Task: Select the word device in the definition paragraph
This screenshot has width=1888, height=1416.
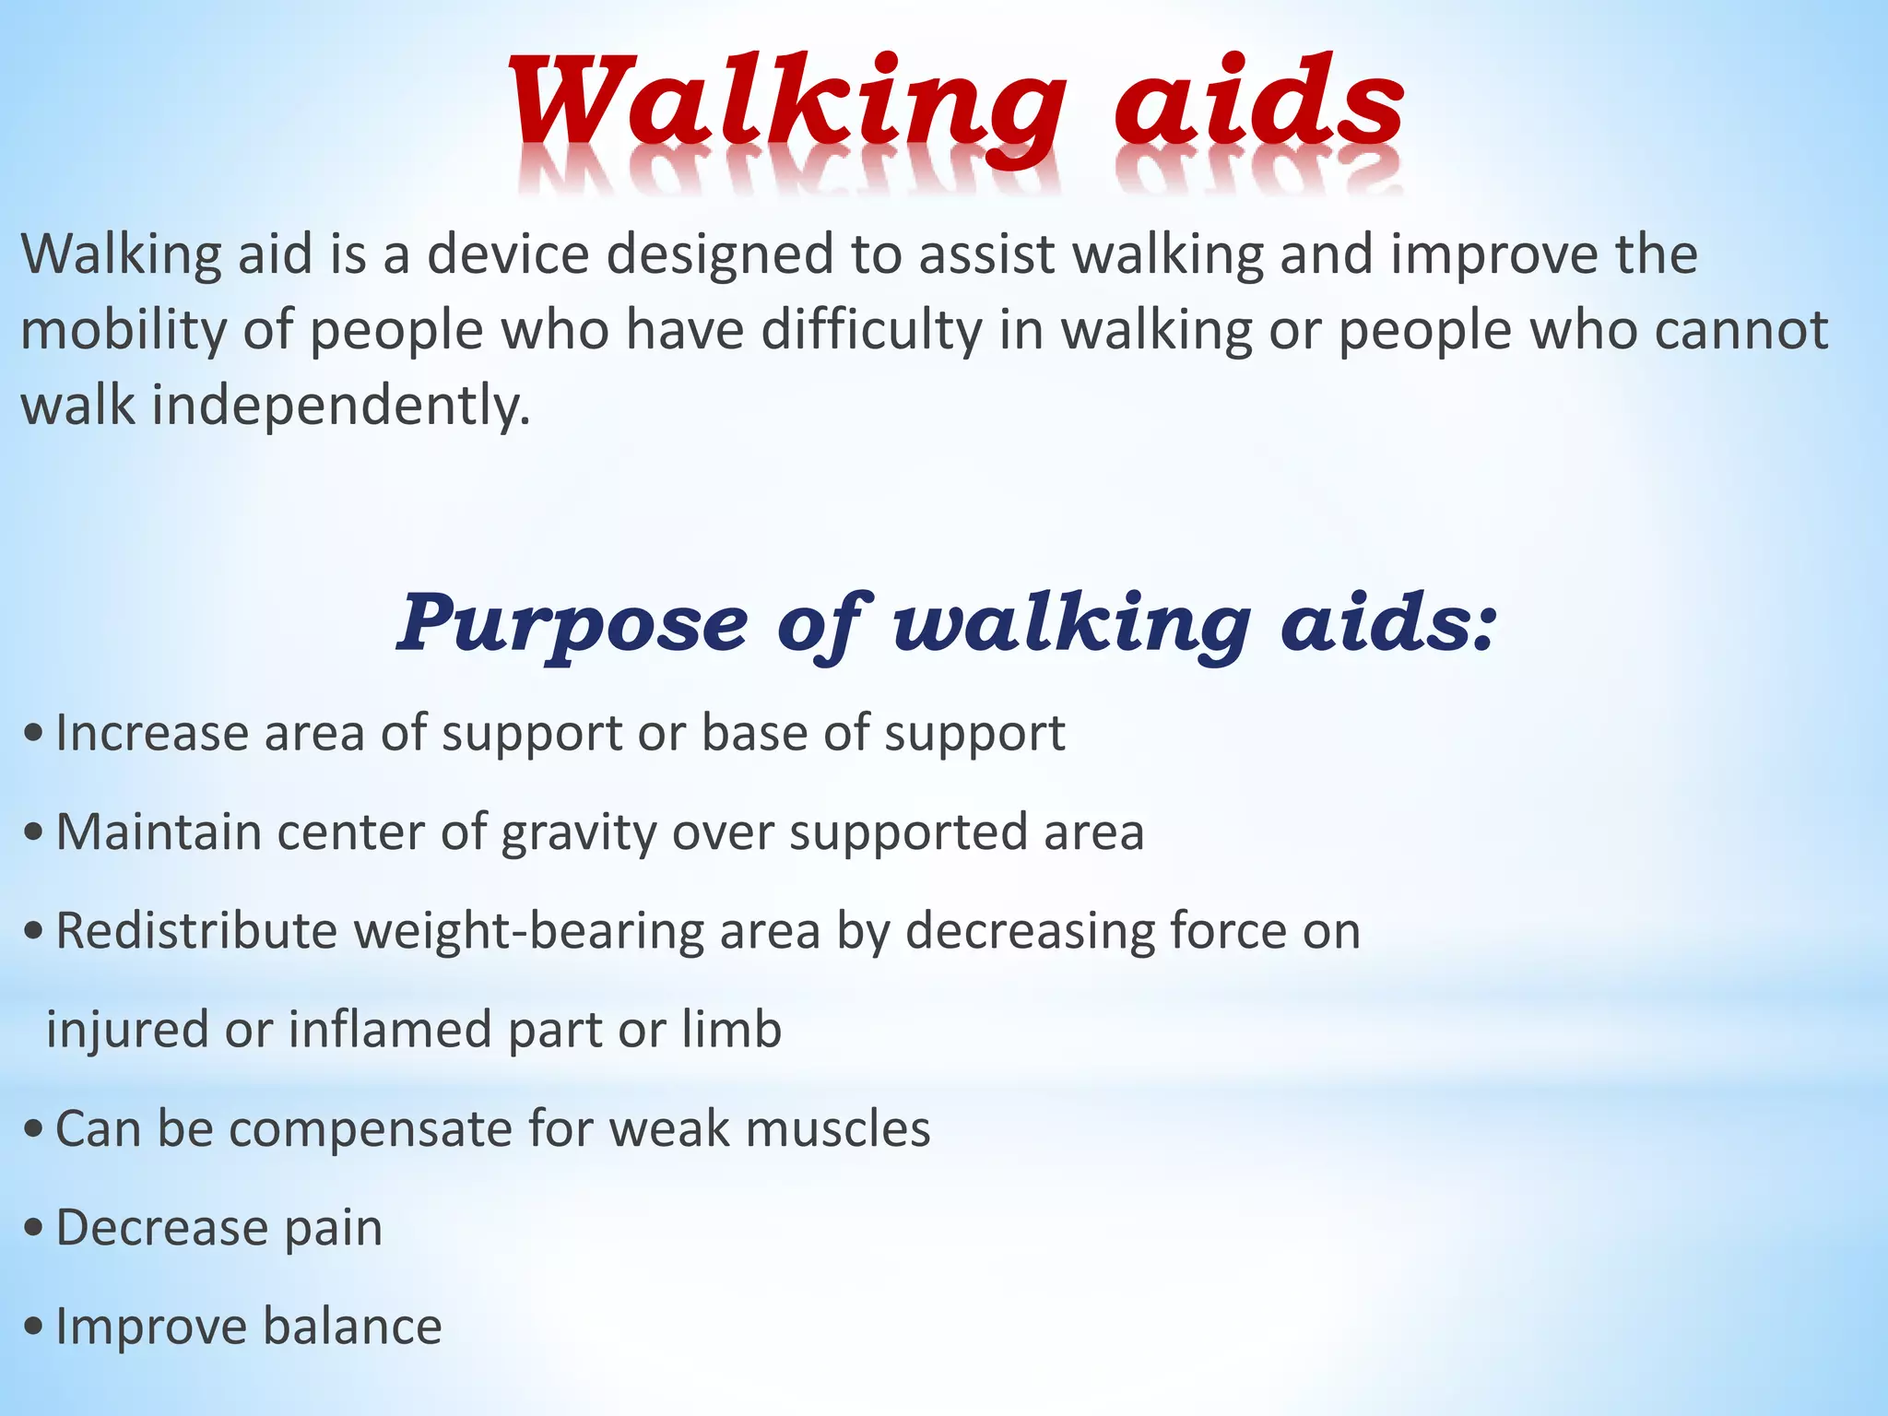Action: coord(507,254)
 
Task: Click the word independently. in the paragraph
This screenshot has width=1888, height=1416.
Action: coord(341,407)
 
